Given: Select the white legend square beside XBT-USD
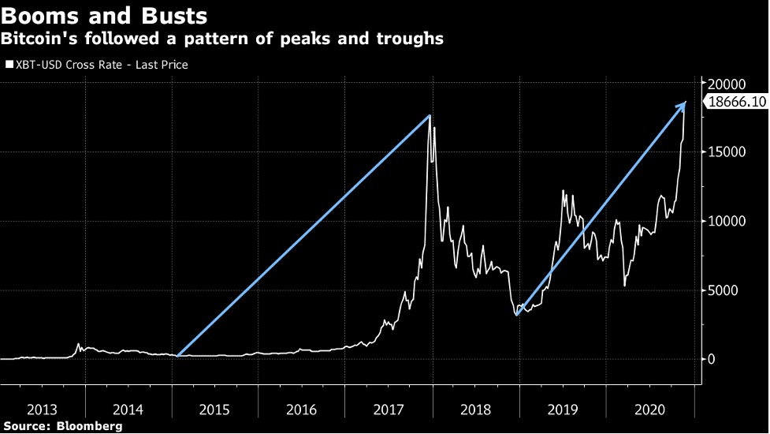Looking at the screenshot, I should click(9, 65).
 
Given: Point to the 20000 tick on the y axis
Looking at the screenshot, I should click(725, 84).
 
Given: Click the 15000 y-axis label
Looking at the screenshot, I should click(725, 152).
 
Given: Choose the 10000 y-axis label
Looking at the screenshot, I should click(725, 221).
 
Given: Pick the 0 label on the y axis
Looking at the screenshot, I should click(712, 359).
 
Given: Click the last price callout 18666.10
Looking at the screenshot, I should click(737, 102).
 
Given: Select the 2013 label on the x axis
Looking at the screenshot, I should click(42, 409).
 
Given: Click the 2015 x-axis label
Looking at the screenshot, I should click(215, 409).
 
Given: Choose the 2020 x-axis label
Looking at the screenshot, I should click(649, 409).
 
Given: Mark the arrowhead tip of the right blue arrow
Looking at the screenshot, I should click(686, 103).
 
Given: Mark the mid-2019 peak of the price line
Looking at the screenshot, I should click(563, 190).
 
